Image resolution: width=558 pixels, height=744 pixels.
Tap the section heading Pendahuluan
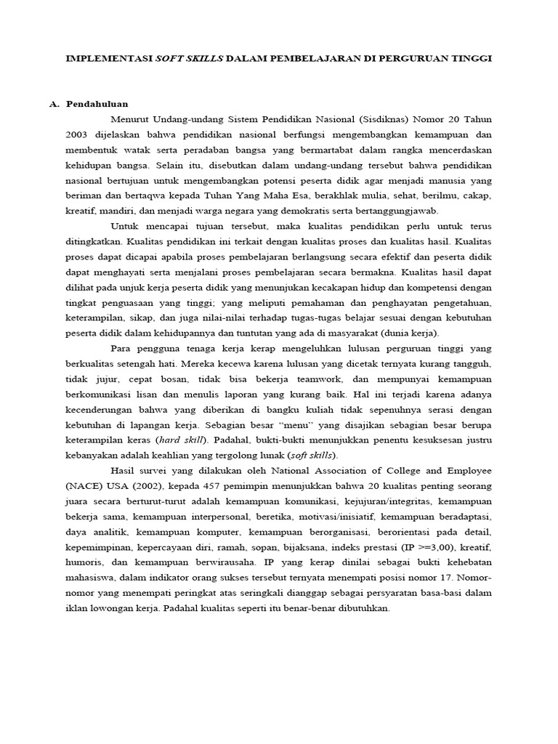tap(97, 104)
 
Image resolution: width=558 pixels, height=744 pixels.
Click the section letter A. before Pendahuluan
tap(54, 104)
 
